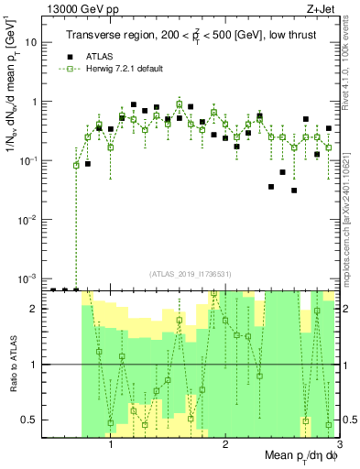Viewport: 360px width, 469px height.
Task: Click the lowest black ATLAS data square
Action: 294,191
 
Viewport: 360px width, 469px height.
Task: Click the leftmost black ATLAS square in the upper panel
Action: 88,164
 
